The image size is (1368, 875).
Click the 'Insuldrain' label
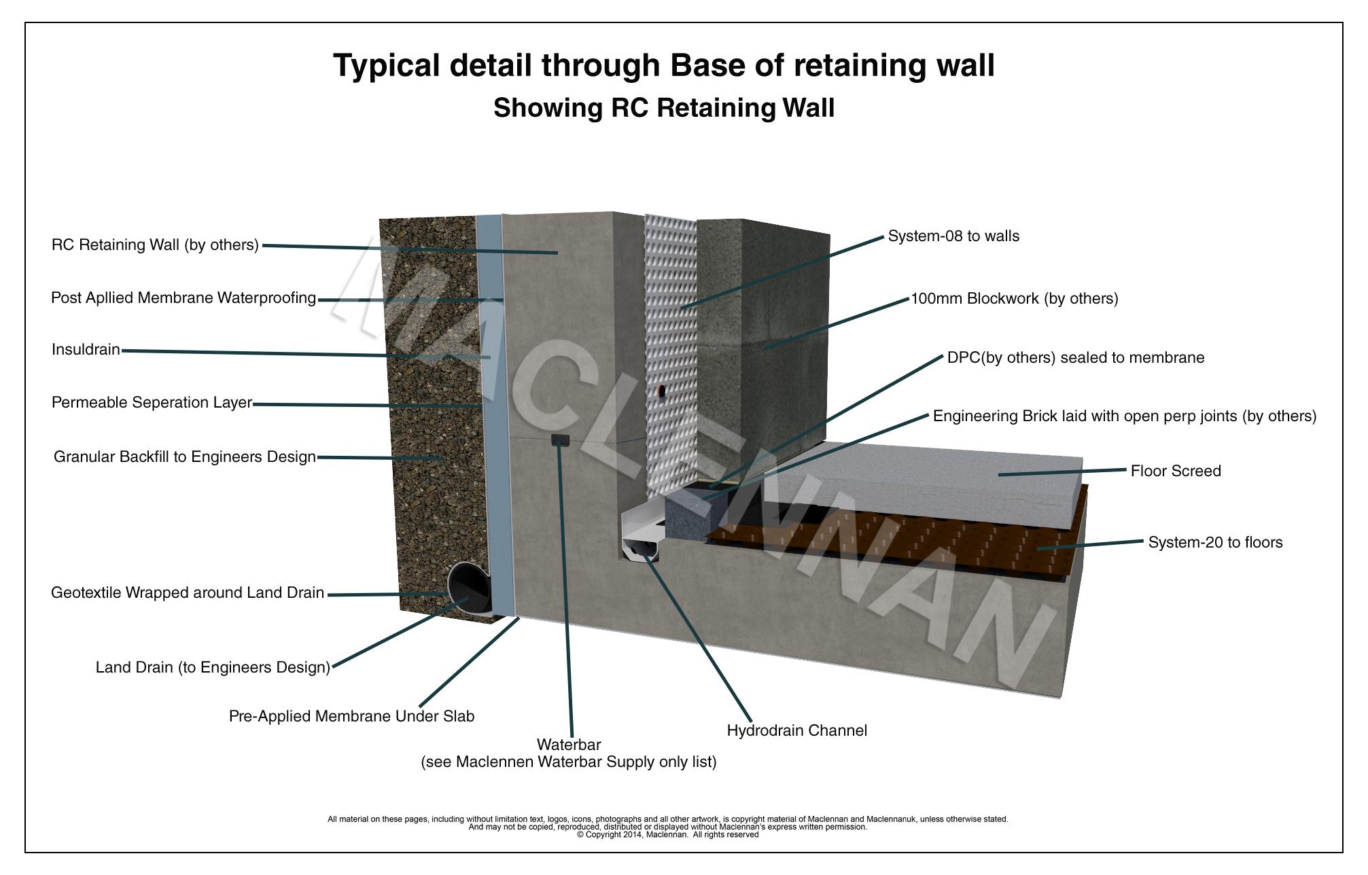pos(86,350)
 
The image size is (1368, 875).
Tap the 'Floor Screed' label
pos(1175,471)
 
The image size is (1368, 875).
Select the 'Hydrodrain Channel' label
pos(796,730)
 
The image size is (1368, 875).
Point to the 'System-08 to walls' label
pos(953,236)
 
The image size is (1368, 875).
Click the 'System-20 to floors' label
pos(1215,542)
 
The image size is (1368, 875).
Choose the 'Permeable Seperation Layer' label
pos(152,402)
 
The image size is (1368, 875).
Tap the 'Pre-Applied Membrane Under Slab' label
pos(351,716)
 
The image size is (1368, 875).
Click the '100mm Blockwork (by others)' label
pos(1014,298)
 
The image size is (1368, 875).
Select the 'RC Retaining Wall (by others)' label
pos(155,245)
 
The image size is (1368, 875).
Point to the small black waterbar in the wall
pos(559,440)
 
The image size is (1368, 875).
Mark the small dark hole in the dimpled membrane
pos(661,391)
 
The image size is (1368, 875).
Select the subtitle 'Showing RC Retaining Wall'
pos(663,108)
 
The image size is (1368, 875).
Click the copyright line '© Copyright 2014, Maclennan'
pos(667,835)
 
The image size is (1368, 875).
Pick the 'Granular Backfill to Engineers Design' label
pos(184,457)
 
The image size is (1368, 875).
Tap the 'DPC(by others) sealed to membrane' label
pos(1075,357)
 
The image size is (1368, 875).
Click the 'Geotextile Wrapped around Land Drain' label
pos(188,592)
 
